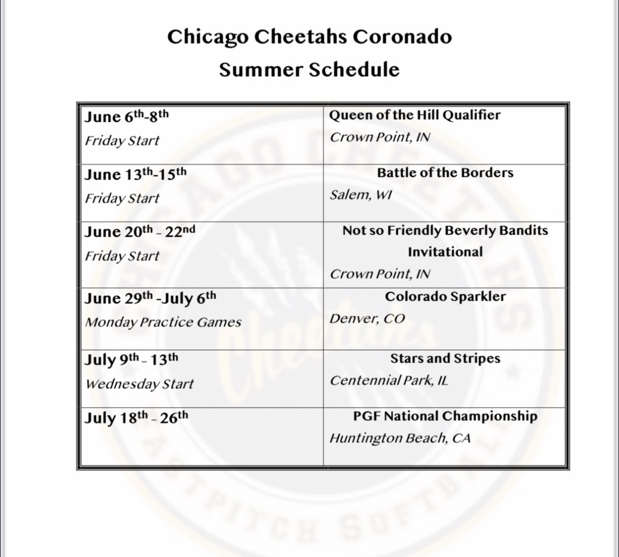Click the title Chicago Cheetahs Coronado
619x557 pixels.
click(309, 37)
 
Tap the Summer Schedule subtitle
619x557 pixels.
click(309, 69)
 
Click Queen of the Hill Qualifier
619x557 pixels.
click(415, 115)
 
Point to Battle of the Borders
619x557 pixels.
click(445, 173)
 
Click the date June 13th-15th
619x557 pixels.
click(136, 175)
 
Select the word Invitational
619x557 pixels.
click(445, 252)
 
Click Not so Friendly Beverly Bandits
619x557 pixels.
click(445, 231)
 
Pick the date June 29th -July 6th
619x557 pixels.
click(150, 299)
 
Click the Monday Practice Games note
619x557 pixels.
click(163, 322)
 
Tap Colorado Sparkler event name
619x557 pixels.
click(445, 297)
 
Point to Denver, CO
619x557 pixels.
click(367, 319)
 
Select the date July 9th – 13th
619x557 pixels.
click(132, 361)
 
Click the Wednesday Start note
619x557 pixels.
click(140, 383)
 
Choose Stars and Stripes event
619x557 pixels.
click(445, 358)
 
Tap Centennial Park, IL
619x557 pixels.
click(389, 380)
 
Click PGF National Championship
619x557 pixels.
click(445, 416)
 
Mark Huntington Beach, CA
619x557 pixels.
click(400, 438)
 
